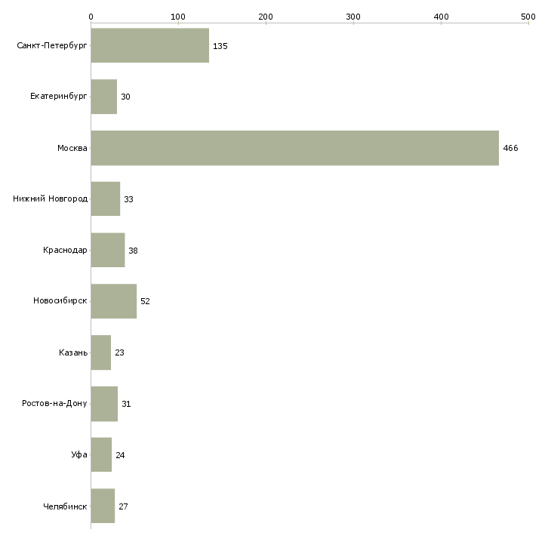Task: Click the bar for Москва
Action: tap(294, 148)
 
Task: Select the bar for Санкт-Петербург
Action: tap(149, 46)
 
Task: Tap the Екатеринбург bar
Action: tap(103, 97)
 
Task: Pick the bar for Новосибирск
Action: tap(113, 301)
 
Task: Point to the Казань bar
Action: tap(100, 352)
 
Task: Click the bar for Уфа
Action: tap(101, 454)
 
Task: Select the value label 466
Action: tap(510, 148)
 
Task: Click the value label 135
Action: tap(220, 46)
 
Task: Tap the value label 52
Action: tap(146, 301)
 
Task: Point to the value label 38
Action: tap(134, 251)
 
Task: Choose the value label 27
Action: tap(124, 506)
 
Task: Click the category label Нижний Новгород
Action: tap(51, 199)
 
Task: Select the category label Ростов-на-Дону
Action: tap(55, 404)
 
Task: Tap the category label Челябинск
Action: tap(65, 506)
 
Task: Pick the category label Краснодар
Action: tap(65, 251)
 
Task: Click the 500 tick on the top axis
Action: tap(528, 16)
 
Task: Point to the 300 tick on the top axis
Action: tap(353, 16)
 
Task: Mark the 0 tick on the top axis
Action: tap(91, 16)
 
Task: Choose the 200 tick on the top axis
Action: tap(266, 16)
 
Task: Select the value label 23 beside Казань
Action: tap(120, 352)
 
